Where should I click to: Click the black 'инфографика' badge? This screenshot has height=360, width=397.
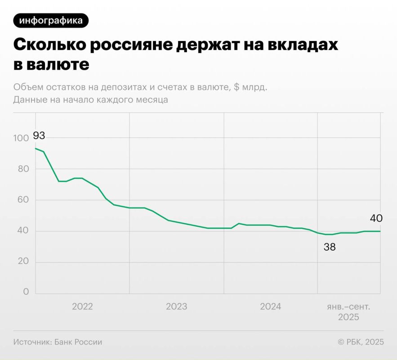point(51,20)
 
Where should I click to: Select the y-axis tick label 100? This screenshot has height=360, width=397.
point(21,138)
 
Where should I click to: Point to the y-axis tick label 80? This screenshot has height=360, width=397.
point(23,169)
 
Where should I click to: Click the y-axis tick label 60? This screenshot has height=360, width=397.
point(23,200)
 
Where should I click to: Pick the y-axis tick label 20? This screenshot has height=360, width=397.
point(23,262)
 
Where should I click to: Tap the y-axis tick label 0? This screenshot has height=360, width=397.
point(26,292)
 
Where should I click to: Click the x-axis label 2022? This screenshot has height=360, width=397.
point(82,307)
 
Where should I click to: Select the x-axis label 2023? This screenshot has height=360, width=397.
point(177,307)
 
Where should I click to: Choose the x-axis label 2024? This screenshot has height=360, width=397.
point(271,307)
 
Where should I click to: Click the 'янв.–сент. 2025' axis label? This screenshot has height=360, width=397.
point(349,312)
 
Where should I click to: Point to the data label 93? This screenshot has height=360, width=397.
point(39,135)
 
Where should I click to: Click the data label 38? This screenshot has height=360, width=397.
point(330,247)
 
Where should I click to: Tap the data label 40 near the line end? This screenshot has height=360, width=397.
point(376,219)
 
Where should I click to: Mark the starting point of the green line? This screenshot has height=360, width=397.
point(35,148)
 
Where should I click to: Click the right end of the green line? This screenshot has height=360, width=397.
point(380,231)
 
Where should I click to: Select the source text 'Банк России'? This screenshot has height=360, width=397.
point(78,342)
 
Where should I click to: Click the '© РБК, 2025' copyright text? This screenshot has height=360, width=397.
point(361,342)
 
